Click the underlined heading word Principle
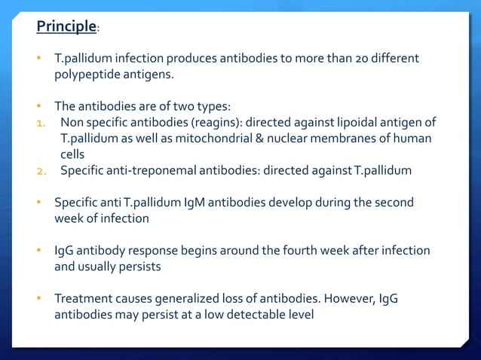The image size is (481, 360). click(x=66, y=28)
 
